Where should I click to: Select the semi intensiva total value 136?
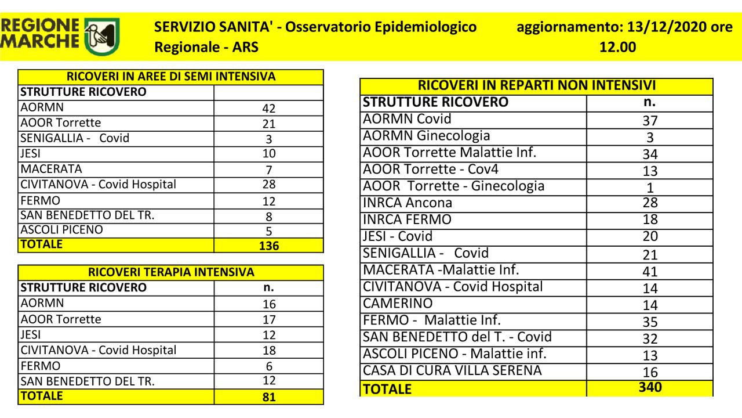pyautogui.click(x=268, y=246)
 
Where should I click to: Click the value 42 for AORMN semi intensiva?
pyautogui.click(x=268, y=109)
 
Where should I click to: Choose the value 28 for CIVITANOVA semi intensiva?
pyautogui.click(x=268, y=185)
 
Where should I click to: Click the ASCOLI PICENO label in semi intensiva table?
pyautogui.click(x=61, y=230)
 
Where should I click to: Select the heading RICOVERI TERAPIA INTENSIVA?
pyautogui.click(x=170, y=272)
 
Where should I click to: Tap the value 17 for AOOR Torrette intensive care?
pyautogui.click(x=268, y=320)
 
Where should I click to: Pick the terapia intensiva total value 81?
pyautogui.click(x=268, y=398)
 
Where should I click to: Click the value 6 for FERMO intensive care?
pyautogui.click(x=268, y=366)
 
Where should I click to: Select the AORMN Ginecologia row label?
pyautogui.click(x=425, y=136)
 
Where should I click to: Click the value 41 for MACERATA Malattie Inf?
pyautogui.click(x=650, y=271)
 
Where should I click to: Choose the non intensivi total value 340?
pyautogui.click(x=650, y=388)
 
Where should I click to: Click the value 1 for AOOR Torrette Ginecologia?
pyautogui.click(x=650, y=188)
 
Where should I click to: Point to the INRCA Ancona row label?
pyautogui.click(x=407, y=203)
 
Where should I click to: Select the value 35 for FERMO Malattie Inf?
pyautogui.click(x=650, y=322)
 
